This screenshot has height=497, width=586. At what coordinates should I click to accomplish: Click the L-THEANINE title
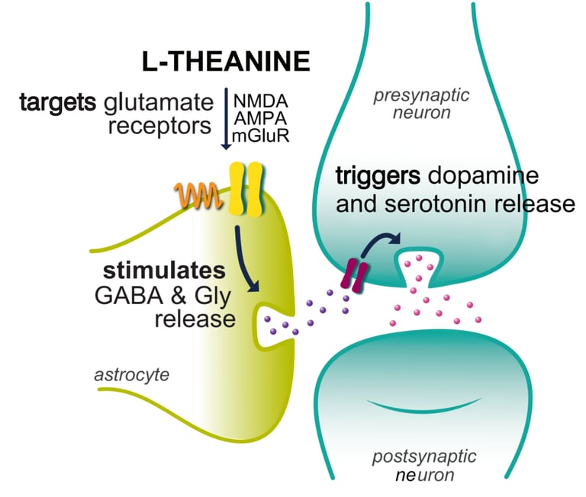(226, 61)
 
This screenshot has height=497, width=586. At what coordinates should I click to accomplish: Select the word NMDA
(261, 101)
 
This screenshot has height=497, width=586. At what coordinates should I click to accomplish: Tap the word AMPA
(261, 118)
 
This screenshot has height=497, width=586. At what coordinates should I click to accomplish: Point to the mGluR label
(261, 136)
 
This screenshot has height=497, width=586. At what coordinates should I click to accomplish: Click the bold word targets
(58, 102)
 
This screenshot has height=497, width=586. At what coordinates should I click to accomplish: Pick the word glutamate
(159, 102)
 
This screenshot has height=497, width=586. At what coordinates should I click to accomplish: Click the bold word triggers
(378, 175)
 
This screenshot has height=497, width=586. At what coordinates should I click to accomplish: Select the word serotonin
(436, 204)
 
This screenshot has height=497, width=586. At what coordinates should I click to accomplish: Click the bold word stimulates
(165, 271)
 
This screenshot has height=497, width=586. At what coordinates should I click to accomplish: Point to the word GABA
(129, 296)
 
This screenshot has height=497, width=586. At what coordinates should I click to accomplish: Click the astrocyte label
(132, 374)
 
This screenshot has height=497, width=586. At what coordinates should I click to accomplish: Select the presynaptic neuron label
(421, 104)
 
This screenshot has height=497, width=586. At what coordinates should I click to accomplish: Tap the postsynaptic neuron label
(424, 466)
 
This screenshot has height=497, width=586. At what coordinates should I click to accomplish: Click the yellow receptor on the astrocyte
(245, 189)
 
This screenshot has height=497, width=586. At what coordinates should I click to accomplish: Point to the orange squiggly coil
(198, 195)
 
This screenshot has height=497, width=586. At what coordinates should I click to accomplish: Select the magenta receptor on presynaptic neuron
(355, 276)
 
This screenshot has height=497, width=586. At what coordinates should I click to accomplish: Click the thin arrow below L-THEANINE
(226, 119)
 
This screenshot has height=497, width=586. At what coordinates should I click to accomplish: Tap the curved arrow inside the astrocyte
(244, 258)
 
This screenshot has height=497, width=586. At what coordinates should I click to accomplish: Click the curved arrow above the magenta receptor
(378, 242)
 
